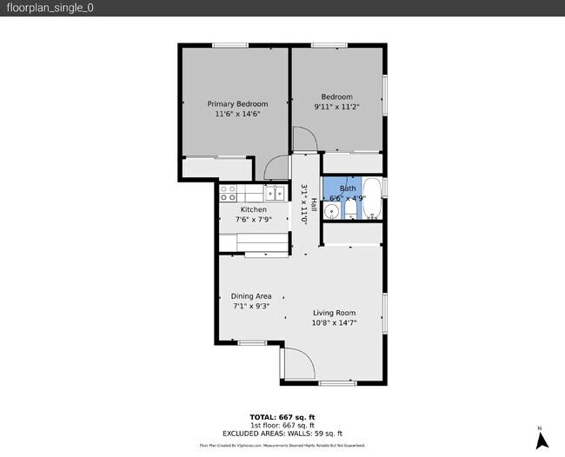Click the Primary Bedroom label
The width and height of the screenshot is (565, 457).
click(237, 103)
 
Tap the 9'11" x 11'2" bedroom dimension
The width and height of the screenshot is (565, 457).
click(336, 107)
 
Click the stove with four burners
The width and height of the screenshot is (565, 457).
click(229, 193)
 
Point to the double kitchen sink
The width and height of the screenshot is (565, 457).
click(275, 193)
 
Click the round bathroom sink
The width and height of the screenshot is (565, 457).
click(331, 213)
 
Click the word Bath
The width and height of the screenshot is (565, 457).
click(347, 189)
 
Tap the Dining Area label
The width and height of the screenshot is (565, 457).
click(251, 296)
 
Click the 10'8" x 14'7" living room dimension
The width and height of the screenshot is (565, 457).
click(335, 322)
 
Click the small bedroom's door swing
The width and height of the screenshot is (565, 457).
click(305, 139)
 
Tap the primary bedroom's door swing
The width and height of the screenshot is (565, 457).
click(277, 168)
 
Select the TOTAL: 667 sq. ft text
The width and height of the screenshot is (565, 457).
click(282, 415)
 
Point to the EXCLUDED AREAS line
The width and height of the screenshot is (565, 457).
click(282, 433)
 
